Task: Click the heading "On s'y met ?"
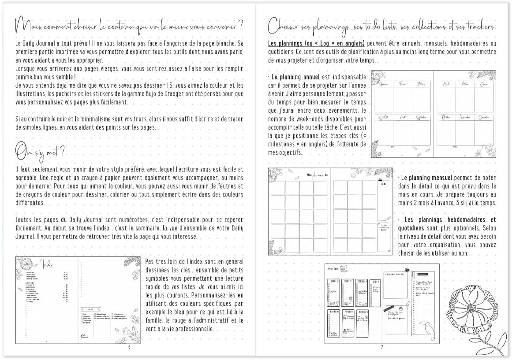pos(40,152)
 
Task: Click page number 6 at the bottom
pos(129,347)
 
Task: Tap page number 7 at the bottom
pos(382,347)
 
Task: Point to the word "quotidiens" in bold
pos(411,228)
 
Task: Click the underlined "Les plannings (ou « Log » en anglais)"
pos(316,44)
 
